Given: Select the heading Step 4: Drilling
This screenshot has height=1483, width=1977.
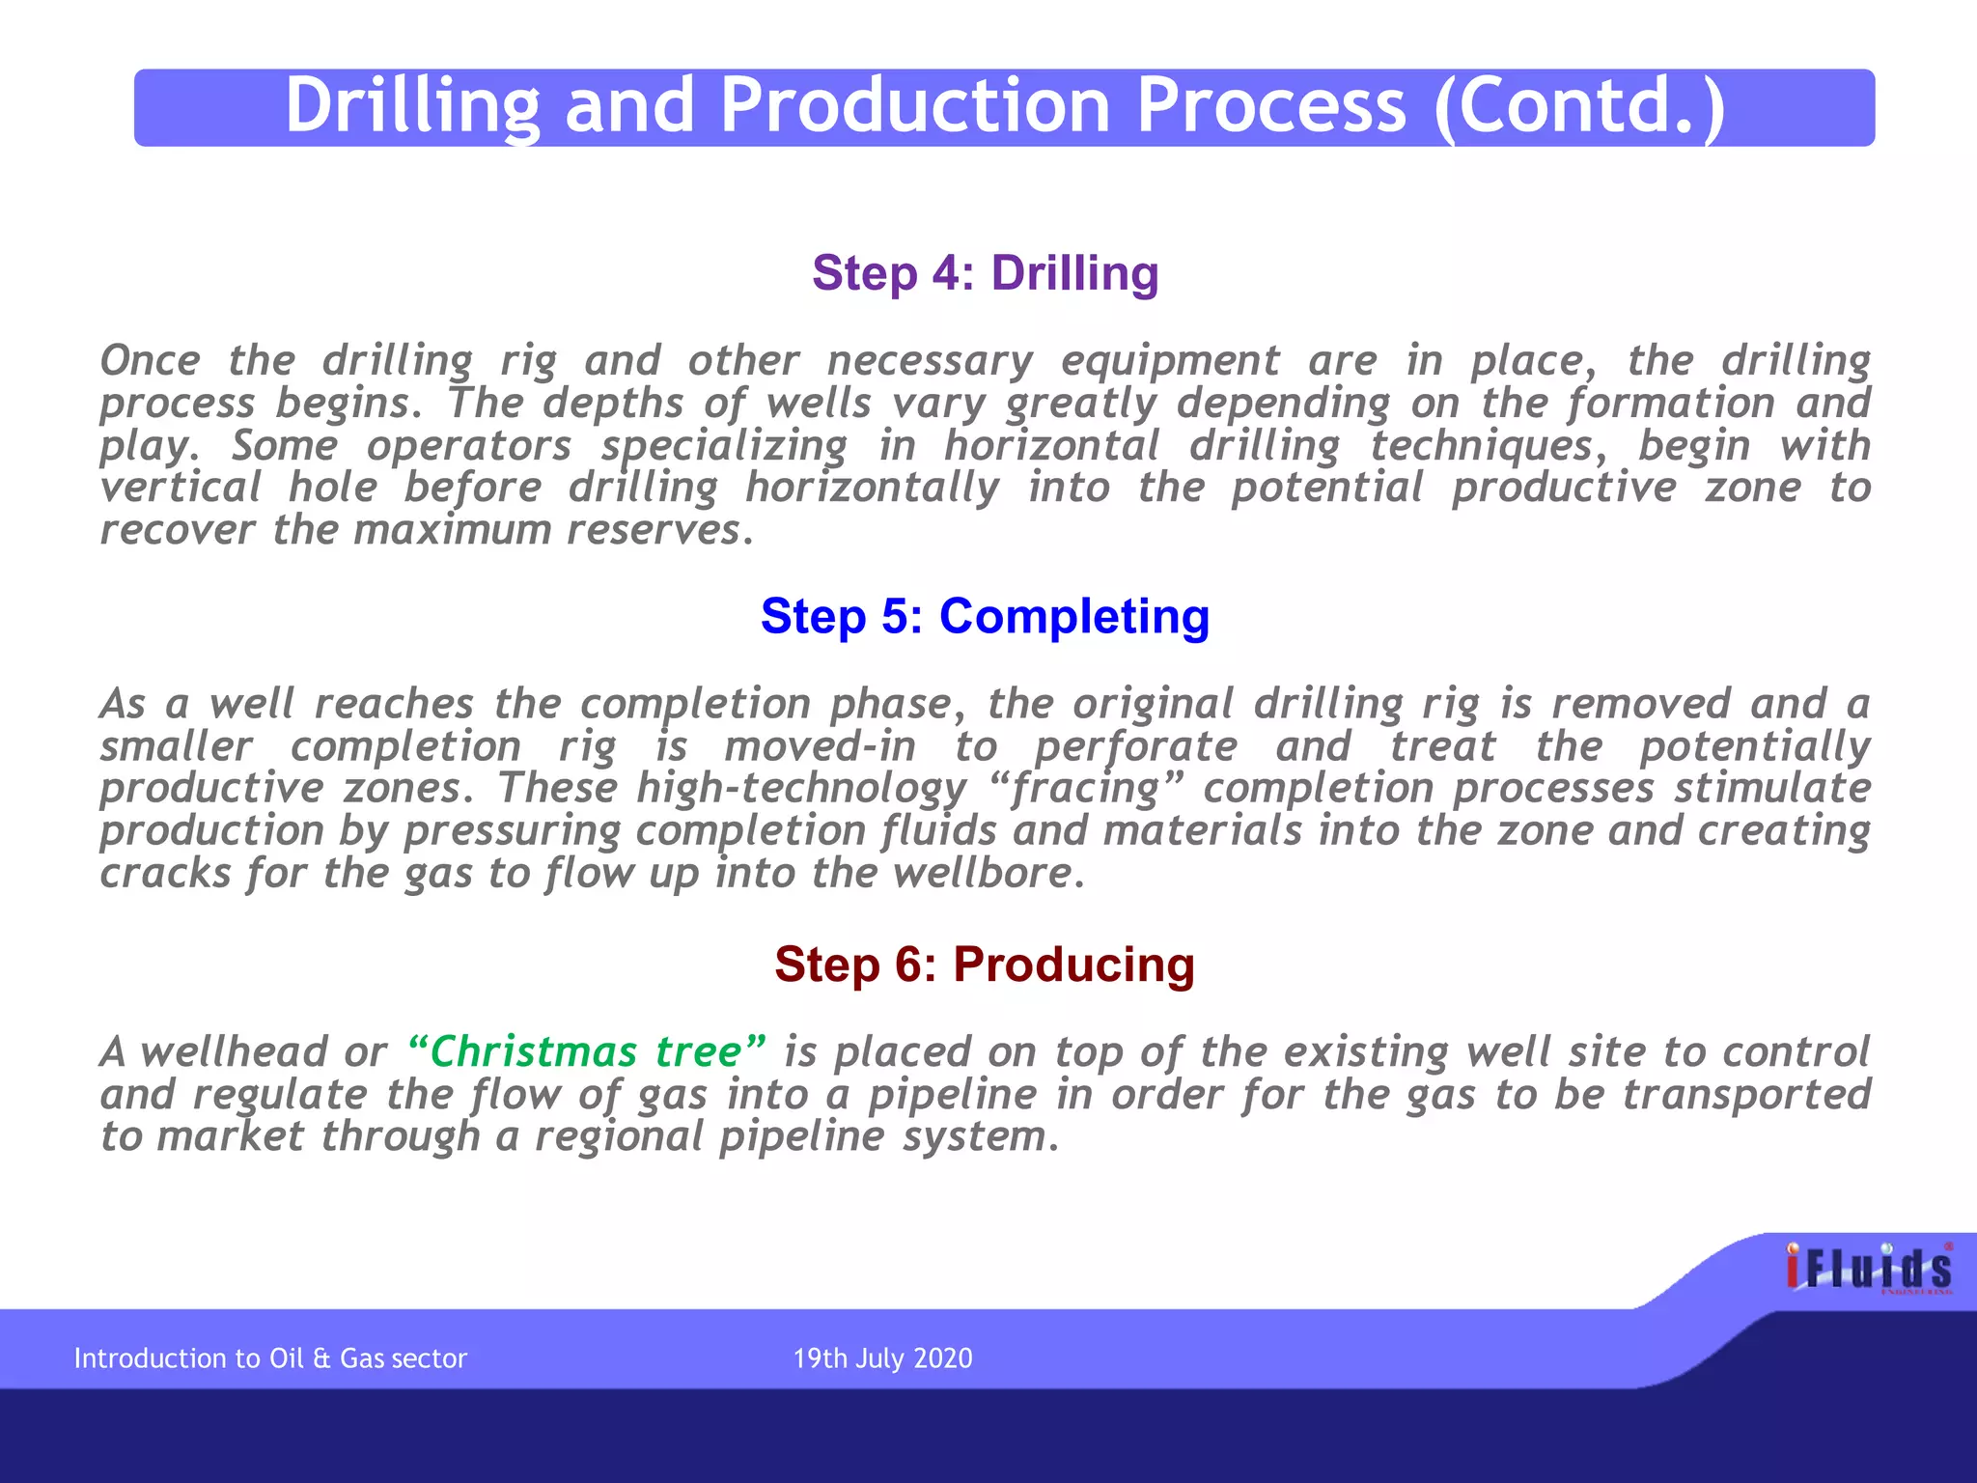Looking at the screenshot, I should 985,273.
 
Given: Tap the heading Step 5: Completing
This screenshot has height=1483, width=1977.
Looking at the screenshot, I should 985,616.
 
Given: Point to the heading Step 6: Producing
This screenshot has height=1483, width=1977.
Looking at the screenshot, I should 985,965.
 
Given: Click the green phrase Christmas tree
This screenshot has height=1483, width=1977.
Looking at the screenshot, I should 587,1051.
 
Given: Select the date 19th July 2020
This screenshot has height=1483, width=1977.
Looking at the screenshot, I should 882,1358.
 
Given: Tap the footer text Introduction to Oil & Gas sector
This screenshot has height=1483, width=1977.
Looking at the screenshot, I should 270,1358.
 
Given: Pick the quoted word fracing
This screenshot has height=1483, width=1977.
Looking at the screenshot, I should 1085,789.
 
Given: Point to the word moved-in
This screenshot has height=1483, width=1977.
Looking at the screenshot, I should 820,746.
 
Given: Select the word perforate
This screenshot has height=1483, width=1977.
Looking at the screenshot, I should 1136,746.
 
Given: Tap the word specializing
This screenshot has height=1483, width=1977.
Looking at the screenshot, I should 724,446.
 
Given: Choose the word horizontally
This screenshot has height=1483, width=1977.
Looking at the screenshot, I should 873,488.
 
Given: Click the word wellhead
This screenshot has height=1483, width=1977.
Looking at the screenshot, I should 234,1051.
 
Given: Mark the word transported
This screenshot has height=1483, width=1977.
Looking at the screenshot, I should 1746,1094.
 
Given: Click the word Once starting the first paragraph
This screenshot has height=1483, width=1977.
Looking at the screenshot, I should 151,361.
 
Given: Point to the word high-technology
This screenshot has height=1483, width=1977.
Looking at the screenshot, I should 801,789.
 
